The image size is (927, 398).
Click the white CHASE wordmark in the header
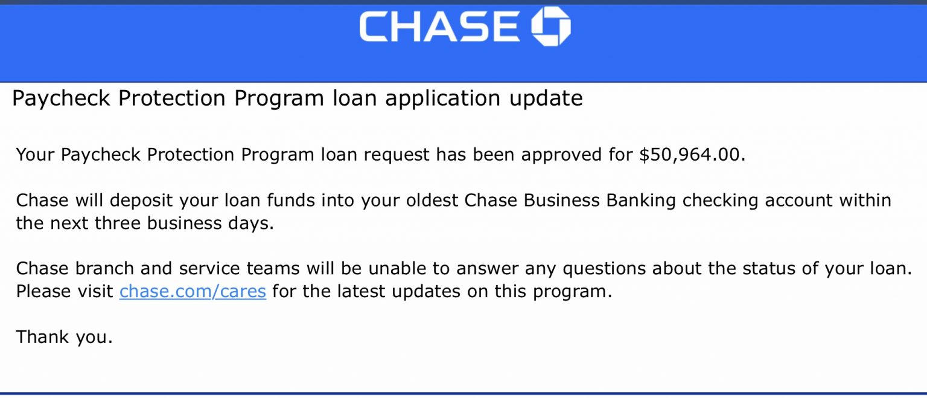pos(439,27)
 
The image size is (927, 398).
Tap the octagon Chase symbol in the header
pos(550,27)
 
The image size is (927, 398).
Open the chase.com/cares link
pos(193,292)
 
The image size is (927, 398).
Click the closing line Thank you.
pos(64,337)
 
